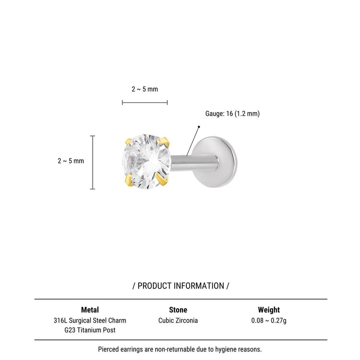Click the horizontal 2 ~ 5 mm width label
coord(144,89)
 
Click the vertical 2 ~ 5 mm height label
coord(71,161)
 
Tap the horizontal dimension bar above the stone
coord(145,103)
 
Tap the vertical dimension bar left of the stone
coord(93,162)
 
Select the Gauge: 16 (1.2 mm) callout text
coord(232,113)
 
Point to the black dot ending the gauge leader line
coord(199,127)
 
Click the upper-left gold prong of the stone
coord(128,141)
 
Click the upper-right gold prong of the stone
coord(164,141)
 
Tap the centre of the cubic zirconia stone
coord(147,162)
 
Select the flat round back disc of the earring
coord(215,162)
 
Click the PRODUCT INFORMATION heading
coord(181,286)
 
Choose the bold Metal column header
coord(90,310)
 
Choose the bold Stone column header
coord(178,310)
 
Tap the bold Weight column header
coord(269,310)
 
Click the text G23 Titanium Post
coord(90,330)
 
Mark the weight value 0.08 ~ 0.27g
coord(269,320)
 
